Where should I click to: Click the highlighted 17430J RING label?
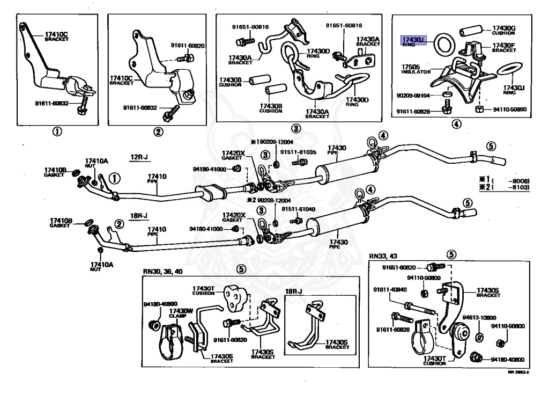pyautogui.click(x=414, y=41)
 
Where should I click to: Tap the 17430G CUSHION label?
pyautogui.click(x=504, y=30)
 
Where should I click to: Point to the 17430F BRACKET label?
pyautogui.click(x=504, y=48)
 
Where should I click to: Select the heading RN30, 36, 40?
pyautogui.click(x=162, y=271)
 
